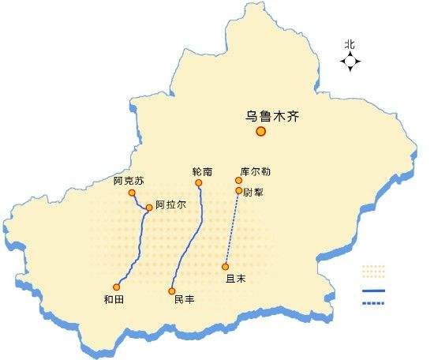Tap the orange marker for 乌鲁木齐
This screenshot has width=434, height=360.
(261, 132)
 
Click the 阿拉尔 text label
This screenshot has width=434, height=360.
(171, 204)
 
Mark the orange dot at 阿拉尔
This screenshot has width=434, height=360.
(149, 208)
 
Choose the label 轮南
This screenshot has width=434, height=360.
(202, 171)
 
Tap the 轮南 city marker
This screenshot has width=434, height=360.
(198, 183)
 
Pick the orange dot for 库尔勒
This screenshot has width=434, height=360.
(238, 180)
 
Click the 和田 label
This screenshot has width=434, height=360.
(114, 299)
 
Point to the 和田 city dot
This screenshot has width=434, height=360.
(117, 287)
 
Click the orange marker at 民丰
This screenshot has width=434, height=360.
(171, 291)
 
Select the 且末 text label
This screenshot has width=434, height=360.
(236, 279)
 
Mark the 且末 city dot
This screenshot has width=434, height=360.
(226, 267)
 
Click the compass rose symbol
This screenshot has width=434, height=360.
(350, 63)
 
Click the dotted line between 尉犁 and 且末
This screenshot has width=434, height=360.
(232, 229)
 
